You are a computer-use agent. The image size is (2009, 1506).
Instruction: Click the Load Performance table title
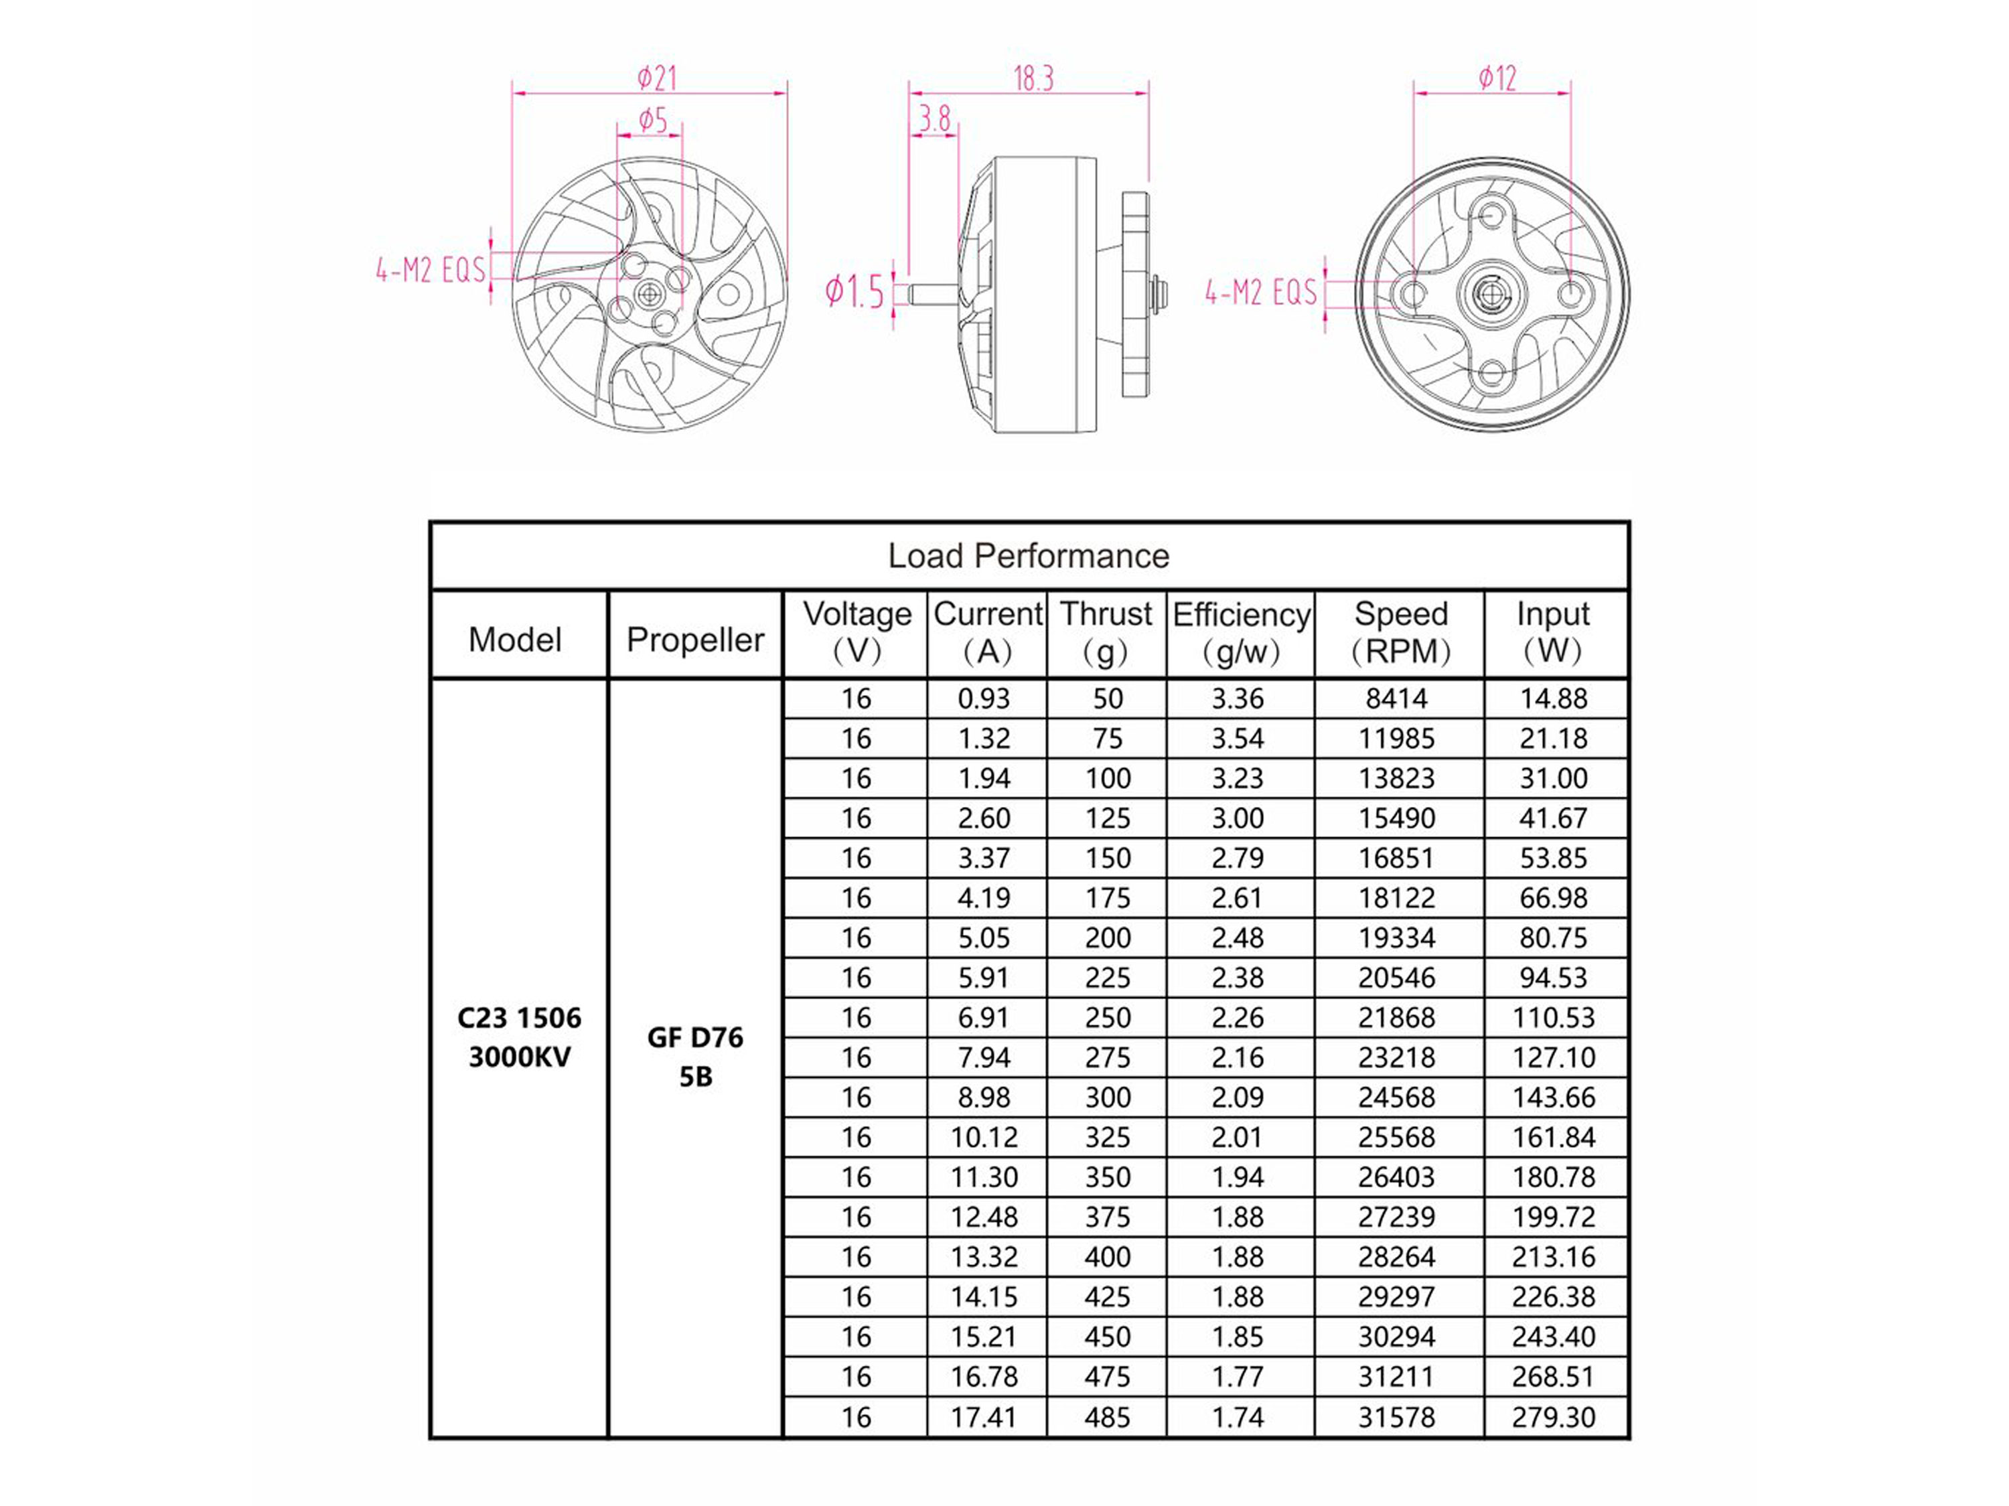pyautogui.click(x=1028, y=556)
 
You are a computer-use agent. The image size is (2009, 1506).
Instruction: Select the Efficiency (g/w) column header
pyautogui.click(x=1241, y=633)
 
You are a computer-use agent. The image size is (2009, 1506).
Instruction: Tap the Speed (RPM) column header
pyautogui.click(x=1400, y=633)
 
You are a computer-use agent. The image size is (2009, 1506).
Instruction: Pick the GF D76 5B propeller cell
pyautogui.click(x=695, y=1057)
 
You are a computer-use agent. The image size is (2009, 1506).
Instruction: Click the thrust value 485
pyautogui.click(x=1107, y=1417)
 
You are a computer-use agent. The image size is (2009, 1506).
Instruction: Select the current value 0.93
pyautogui.click(x=984, y=698)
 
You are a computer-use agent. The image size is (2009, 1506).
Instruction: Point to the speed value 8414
pyautogui.click(x=1397, y=698)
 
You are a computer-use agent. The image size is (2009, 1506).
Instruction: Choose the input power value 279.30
pyautogui.click(x=1553, y=1417)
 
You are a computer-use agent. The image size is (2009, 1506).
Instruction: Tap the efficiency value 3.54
pyautogui.click(x=1238, y=739)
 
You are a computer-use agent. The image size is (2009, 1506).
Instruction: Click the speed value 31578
pyautogui.click(x=1397, y=1417)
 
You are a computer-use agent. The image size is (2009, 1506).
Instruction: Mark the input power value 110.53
pyautogui.click(x=1553, y=1017)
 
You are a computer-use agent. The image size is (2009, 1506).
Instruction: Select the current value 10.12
pyautogui.click(x=984, y=1137)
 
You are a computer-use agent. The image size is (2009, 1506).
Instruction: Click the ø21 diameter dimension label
pyautogui.click(x=657, y=78)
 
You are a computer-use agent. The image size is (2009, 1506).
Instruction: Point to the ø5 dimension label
pyautogui.click(x=652, y=120)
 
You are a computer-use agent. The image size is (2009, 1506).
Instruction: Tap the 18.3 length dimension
pyautogui.click(x=1033, y=80)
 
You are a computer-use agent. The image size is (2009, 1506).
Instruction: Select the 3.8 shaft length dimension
pyautogui.click(x=935, y=119)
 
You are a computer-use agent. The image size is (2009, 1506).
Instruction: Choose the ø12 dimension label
pyautogui.click(x=1497, y=78)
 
